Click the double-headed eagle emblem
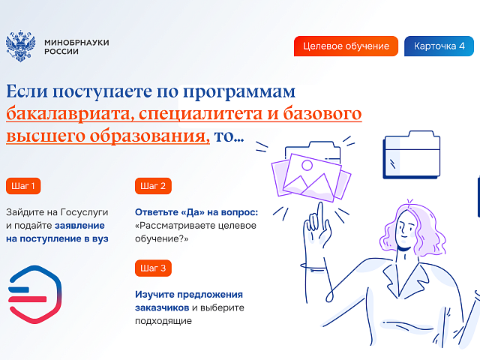[20, 46]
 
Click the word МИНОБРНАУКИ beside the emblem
[76, 43]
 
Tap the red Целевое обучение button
[346, 46]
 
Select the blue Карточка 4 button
[439, 46]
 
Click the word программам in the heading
[239, 91]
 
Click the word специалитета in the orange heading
[200, 114]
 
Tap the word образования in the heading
[150, 136]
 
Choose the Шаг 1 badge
[23, 186]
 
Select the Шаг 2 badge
[153, 186]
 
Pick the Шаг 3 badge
[153, 268]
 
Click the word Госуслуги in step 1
[85, 212]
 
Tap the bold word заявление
[79, 226]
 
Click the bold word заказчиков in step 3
[162, 307]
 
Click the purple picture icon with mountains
[310, 178]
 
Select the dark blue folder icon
[412, 154]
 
